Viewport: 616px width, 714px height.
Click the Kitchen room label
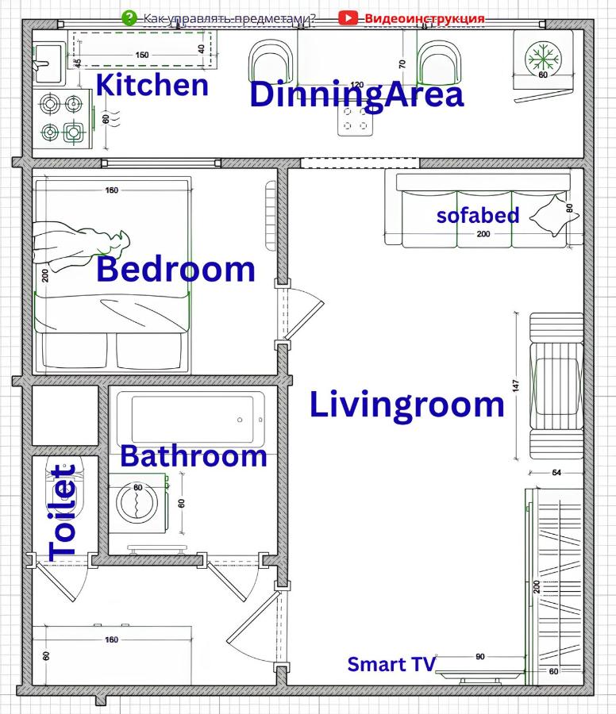[x=152, y=84]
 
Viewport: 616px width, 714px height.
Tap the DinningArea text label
[x=356, y=95]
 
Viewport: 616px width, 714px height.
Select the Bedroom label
[x=175, y=270]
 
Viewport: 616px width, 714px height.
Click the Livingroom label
[x=406, y=405]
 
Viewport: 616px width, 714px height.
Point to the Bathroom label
[x=193, y=456]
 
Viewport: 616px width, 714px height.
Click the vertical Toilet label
[x=64, y=512]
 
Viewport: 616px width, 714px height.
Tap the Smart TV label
[x=391, y=664]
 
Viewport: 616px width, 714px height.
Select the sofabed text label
[x=478, y=215]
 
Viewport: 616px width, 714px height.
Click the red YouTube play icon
[x=348, y=17]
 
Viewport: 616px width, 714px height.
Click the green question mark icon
[x=129, y=17]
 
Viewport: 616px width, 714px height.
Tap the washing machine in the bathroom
[x=137, y=502]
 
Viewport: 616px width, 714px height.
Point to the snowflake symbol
[x=543, y=57]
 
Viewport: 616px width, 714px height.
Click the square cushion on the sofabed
[x=548, y=214]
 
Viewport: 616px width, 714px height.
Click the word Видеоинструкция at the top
[x=424, y=17]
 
